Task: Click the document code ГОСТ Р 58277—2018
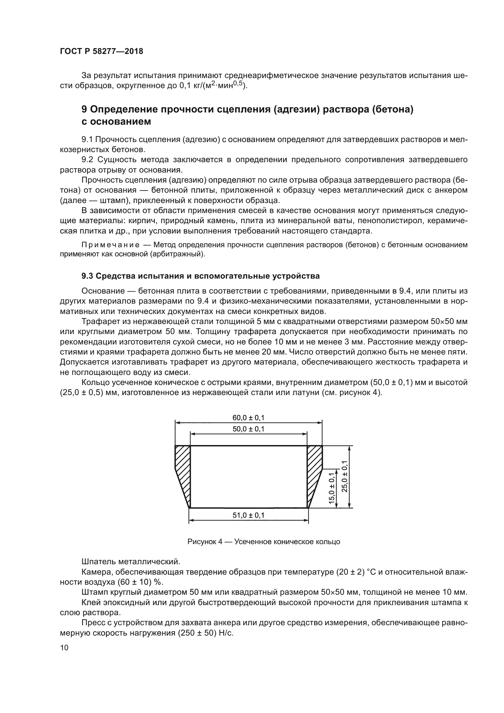(x=101, y=52)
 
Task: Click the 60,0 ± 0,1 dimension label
(x=248, y=418)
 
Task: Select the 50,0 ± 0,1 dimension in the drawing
(x=248, y=429)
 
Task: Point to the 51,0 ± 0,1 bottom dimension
(x=248, y=515)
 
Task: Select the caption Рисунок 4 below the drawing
(x=205, y=542)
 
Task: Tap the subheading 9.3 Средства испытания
(x=201, y=276)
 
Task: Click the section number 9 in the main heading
(x=84, y=110)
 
